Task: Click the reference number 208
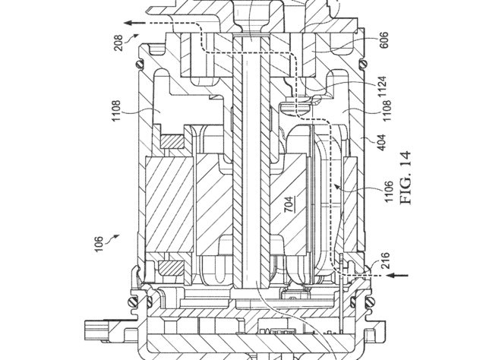(118, 43)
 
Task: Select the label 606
(384, 39)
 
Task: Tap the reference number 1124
(382, 87)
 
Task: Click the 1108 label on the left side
(116, 111)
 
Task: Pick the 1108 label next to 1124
(387, 111)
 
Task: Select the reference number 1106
(389, 191)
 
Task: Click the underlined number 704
(289, 204)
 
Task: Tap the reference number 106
(99, 245)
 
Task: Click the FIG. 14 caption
(406, 178)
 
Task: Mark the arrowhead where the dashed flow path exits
(128, 23)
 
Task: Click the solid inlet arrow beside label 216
(397, 276)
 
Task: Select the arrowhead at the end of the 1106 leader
(336, 185)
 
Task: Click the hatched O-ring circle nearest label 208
(141, 65)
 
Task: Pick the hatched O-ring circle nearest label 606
(364, 65)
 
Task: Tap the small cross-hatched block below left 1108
(172, 141)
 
